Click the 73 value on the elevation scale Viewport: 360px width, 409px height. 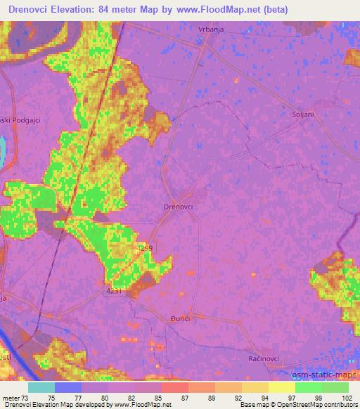click(26, 398)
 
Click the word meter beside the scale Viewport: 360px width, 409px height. click(12, 398)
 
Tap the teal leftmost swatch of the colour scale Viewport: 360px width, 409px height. click(41, 387)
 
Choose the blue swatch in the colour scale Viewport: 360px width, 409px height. click(68, 387)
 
